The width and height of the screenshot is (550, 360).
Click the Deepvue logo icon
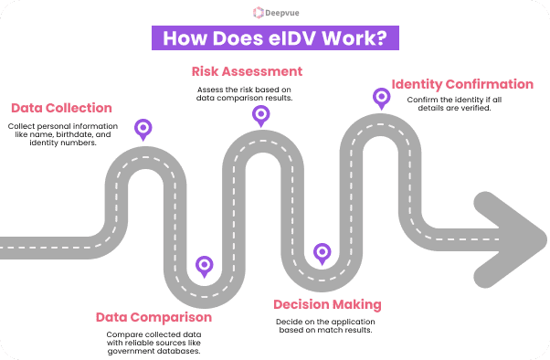258,13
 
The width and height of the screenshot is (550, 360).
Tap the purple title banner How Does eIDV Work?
273,39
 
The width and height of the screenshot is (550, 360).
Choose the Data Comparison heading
153,317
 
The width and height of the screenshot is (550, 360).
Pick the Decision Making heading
327,304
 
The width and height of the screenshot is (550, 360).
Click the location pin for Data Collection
143,129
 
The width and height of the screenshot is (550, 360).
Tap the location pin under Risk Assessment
260,115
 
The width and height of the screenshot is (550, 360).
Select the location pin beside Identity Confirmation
379,97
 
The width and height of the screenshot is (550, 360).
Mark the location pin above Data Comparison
204,265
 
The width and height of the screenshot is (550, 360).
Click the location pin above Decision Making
321,252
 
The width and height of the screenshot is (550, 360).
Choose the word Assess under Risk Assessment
209,89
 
